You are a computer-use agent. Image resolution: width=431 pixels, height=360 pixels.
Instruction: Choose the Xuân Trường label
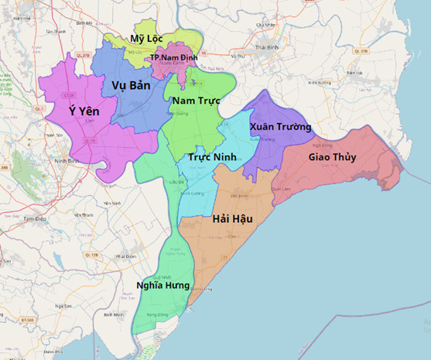(280, 126)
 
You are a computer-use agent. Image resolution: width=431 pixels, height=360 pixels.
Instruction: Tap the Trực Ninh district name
(212, 157)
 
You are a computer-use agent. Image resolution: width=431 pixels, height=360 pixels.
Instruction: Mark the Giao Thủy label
(332, 157)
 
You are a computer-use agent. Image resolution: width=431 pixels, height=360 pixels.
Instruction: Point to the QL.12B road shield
(91, 255)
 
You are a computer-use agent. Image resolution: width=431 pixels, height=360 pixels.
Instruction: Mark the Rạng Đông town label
(156, 316)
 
